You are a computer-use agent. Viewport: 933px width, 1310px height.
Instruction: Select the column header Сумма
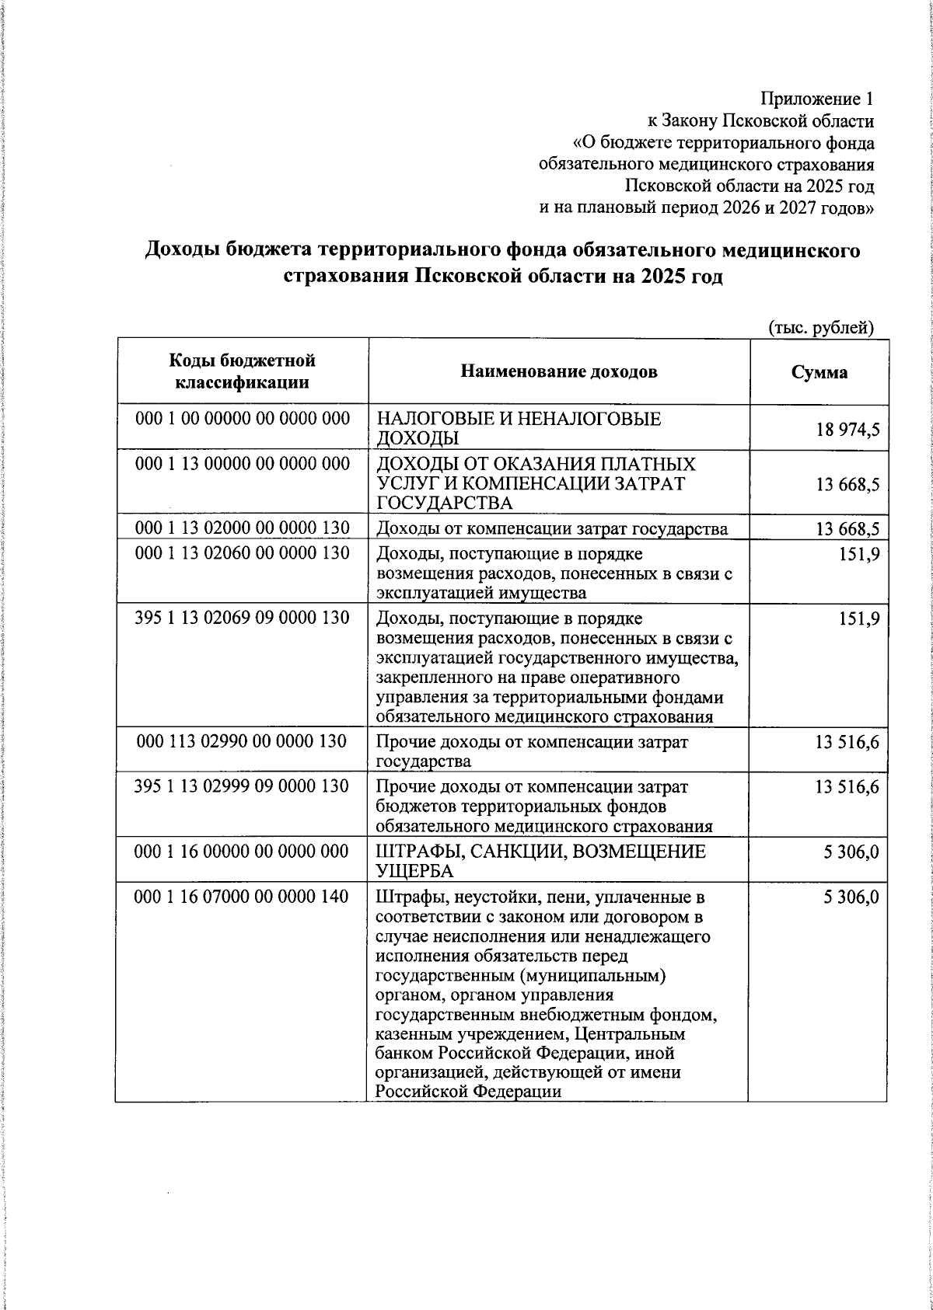pos(819,372)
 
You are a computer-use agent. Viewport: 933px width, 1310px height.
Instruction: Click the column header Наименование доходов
pos(559,372)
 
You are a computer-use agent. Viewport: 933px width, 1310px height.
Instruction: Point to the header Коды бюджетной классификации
pos(242,371)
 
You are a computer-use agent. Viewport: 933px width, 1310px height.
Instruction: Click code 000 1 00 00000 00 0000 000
pos(242,419)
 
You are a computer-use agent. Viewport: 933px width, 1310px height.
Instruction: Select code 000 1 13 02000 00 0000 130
pos(242,529)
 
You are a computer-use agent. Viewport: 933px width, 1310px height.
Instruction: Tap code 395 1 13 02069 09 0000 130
pos(242,618)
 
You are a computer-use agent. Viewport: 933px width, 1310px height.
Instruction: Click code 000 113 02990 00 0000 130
pos(241,742)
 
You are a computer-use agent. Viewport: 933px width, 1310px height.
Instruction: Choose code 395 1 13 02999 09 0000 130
pos(242,786)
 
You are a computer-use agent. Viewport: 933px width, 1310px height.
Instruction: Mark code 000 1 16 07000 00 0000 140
pos(242,897)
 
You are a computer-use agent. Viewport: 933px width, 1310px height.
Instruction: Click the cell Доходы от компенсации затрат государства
pos(552,530)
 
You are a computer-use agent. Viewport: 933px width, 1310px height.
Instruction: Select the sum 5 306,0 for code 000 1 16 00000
pos(851,852)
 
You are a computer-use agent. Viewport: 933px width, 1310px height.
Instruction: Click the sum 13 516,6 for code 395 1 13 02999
pos(847,787)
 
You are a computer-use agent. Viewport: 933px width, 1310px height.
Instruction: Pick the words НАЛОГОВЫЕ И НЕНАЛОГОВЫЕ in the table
pos(519,420)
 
